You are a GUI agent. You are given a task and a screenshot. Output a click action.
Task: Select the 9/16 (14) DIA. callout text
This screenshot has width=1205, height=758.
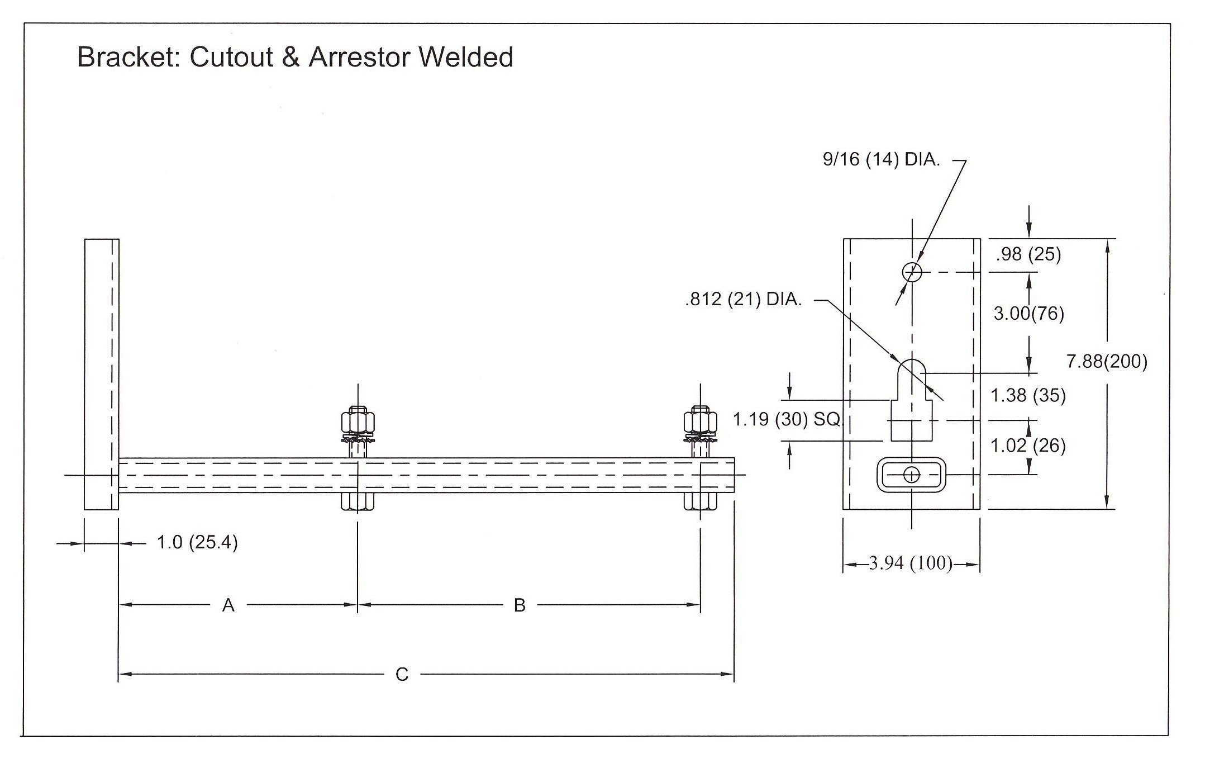click(881, 160)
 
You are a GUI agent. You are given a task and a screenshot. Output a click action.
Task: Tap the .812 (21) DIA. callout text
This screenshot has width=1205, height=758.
click(743, 300)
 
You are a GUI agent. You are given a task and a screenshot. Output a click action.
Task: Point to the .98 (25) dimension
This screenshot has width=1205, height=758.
click(1028, 254)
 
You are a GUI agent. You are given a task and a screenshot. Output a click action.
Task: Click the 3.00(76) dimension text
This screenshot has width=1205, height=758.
click(1028, 313)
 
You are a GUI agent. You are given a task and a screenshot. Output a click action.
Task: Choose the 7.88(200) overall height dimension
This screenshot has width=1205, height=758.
click(1107, 361)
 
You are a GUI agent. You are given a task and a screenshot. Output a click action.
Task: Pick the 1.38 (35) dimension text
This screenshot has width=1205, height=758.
click(1028, 395)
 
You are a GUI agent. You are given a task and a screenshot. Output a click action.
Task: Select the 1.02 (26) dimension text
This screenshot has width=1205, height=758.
click(1028, 446)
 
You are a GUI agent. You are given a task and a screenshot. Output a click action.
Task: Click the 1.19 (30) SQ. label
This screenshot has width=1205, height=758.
click(787, 419)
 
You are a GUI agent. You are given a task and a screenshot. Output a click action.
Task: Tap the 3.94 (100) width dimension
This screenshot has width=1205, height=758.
click(911, 563)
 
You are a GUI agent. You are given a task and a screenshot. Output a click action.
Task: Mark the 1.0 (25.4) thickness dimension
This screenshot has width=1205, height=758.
click(197, 542)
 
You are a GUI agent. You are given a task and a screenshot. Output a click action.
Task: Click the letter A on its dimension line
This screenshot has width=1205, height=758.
click(228, 605)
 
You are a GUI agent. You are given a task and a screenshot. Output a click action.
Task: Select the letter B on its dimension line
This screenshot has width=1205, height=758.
click(520, 605)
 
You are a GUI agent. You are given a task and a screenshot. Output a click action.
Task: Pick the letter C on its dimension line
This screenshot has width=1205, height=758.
click(402, 675)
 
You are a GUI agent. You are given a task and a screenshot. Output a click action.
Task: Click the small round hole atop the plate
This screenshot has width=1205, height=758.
click(912, 272)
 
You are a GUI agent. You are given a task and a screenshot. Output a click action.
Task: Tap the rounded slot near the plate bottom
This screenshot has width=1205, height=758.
click(912, 475)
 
